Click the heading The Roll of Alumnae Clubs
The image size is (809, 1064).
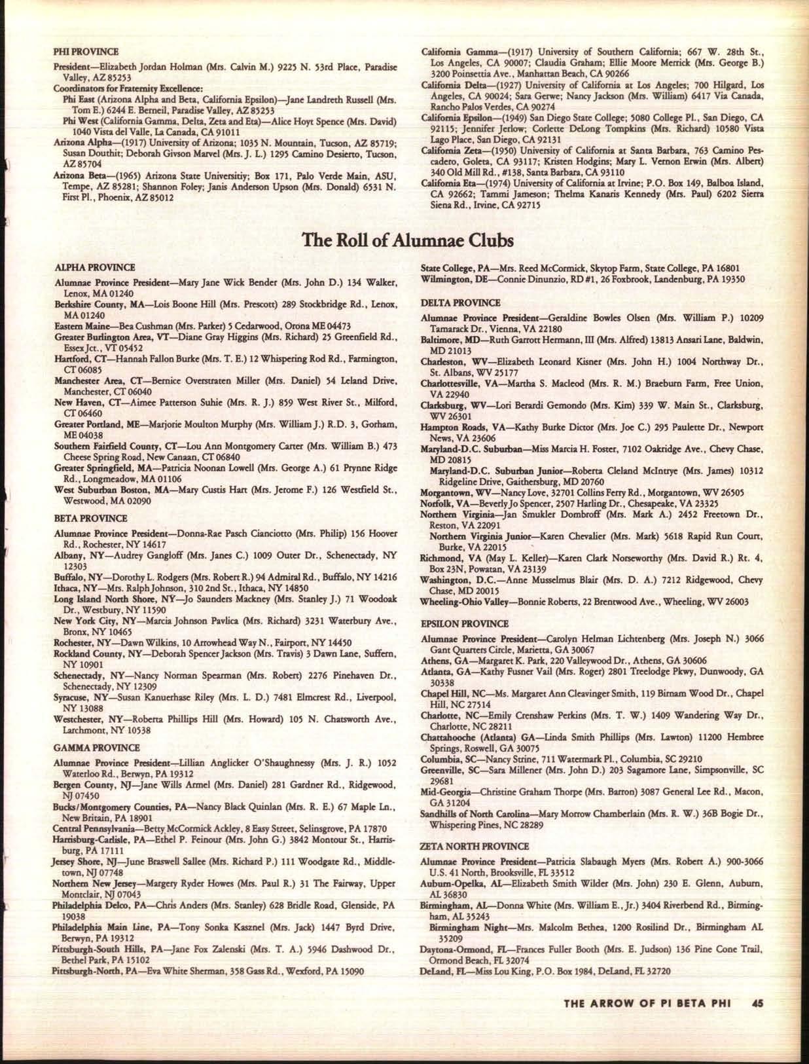coord(407,241)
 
